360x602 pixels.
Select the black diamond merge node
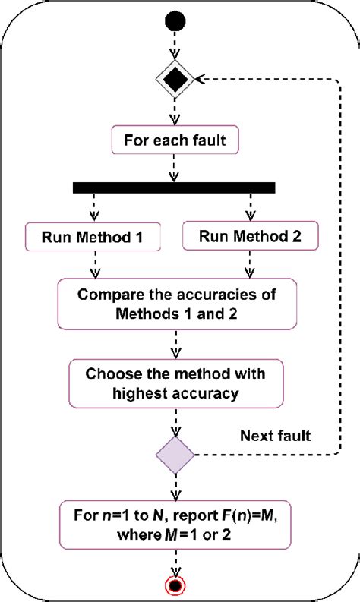coord(175,79)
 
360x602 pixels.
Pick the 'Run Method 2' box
coord(249,237)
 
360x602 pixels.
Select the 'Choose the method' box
coord(175,383)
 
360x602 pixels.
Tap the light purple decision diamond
coord(175,455)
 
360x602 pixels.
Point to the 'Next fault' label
coord(275,436)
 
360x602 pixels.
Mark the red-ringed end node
coord(175,585)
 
